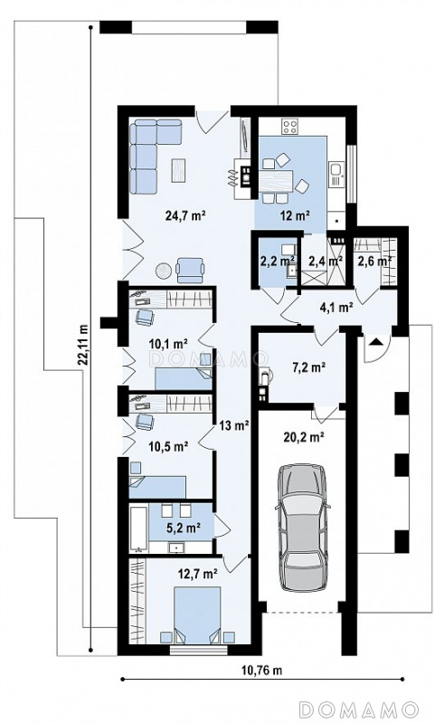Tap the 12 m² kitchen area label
click(x=294, y=214)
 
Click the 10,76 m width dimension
click(x=261, y=671)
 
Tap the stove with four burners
click(x=290, y=127)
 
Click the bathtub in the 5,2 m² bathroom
click(x=138, y=529)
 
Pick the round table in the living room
click(x=165, y=271)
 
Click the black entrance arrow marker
click(x=377, y=342)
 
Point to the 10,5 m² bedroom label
click(x=168, y=446)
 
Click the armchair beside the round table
click(x=190, y=270)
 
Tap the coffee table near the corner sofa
click(x=179, y=169)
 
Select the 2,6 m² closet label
click(x=374, y=261)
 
